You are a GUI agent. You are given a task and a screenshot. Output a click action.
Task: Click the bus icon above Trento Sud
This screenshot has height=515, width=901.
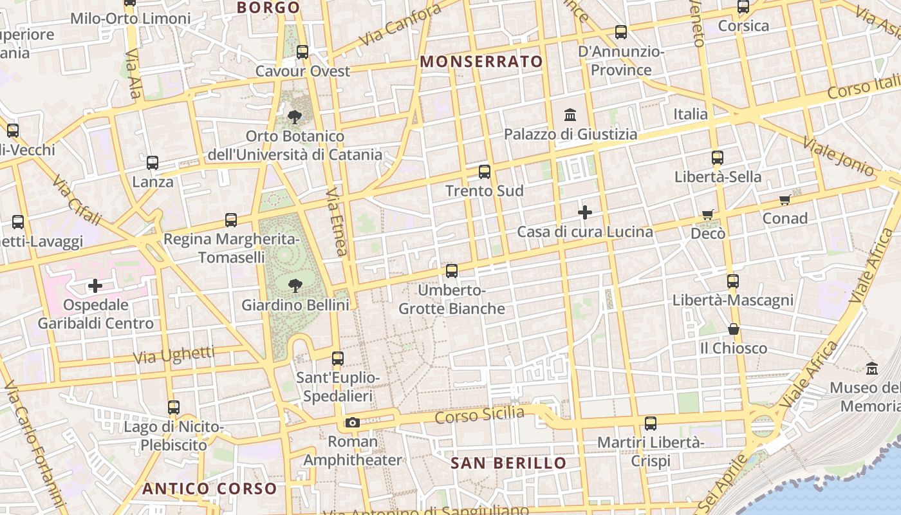tap(485, 172)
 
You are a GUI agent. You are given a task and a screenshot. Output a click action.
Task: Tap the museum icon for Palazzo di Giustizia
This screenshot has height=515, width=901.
tap(570, 115)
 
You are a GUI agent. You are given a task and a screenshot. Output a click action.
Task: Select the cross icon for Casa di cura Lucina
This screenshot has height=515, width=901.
tap(585, 212)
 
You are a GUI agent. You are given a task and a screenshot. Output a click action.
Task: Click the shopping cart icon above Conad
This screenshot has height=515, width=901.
tap(785, 200)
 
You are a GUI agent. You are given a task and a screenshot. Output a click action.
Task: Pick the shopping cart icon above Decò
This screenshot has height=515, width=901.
tap(708, 214)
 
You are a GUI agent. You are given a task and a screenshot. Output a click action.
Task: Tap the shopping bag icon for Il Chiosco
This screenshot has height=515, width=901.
tap(733, 330)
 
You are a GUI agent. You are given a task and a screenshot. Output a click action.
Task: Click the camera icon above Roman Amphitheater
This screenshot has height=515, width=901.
tap(352, 423)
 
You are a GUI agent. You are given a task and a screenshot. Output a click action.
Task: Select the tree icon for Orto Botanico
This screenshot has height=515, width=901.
tap(295, 117)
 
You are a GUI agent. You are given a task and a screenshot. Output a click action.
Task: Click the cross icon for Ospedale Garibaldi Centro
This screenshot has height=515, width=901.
tap(95, 285)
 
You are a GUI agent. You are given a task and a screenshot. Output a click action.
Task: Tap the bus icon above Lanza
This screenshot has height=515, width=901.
tap(153, 163)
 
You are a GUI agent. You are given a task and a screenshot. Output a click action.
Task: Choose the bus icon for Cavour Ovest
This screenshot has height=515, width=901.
tap(302, 52)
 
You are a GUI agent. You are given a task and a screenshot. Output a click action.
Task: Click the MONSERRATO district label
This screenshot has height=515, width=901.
tap(481, 62)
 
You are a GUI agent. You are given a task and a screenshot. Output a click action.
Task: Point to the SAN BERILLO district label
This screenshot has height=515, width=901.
tap(508, 463)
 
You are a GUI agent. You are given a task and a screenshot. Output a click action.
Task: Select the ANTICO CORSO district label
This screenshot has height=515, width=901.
tap(210, 489)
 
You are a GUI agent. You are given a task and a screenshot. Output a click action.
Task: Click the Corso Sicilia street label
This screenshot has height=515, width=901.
tap(479, 415)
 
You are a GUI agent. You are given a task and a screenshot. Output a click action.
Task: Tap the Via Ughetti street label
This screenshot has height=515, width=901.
tap(174, 354)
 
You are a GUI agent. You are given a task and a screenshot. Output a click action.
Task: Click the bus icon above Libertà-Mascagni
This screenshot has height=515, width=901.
tap(733, 281)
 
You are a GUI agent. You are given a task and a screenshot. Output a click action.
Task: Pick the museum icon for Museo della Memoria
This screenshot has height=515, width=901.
tap(872, 369)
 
